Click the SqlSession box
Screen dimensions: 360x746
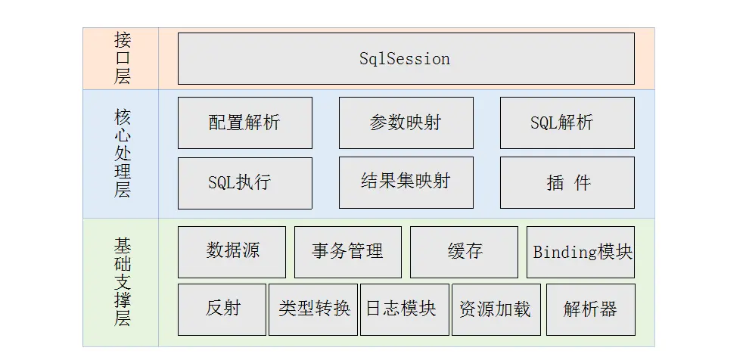click(x=406, y=58)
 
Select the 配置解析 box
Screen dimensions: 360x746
click(x=244, y=123)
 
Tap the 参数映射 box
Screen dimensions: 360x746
click(x=406, y=123)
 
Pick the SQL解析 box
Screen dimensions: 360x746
click(x=567, y=123)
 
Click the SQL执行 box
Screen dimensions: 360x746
click(x=244, y=183)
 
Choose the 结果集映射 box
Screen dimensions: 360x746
click(x=406, y=182)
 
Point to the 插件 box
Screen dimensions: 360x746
click(x=567, y=183)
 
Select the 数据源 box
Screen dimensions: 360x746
click(x=232, y=252)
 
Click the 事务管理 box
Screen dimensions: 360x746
click(x=347, y=252)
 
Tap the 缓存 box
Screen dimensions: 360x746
click(x=464, y=252)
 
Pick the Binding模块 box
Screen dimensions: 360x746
click(x=580, y=252)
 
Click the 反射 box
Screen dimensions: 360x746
click(x=222, y=309)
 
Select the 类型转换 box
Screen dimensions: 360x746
click(x=313, y=309)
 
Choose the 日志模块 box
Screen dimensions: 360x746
click(x=404, y=309)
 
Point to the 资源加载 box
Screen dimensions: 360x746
click(x=496, y=309)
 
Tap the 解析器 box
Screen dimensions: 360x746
click(x=590, y=309)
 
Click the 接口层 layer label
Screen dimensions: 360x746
click(x=122, y=58)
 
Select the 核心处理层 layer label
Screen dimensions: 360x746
click(x=122, y=154)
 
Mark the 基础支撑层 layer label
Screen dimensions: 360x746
click(x=122, y=281)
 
